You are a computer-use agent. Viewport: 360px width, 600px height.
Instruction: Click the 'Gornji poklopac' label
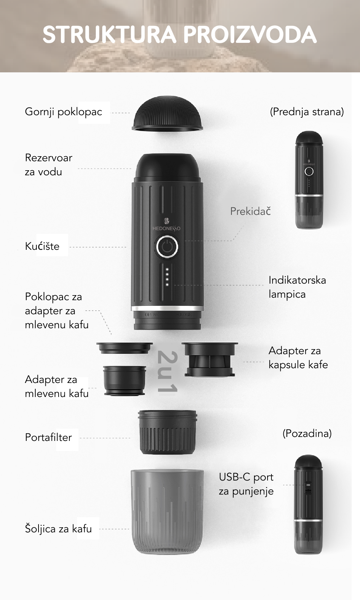[x=63, y=112]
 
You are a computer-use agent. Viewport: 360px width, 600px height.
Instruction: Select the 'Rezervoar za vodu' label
[x=49, y=165]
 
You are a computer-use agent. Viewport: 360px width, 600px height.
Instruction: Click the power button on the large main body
[x=167, y=247]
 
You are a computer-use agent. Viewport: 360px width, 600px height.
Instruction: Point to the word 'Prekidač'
[x=251, y=211]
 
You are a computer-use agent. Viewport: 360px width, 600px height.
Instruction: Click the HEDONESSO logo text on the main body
[x=166, y=229]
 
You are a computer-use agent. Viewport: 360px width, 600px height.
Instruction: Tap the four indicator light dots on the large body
[x=167, y=277]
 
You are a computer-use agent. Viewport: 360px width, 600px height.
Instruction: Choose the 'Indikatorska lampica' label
[x=297, y=287]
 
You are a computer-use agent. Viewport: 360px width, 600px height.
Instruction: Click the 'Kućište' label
[x=42, y=246]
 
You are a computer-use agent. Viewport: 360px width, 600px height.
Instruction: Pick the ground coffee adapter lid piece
[x=125, y=348]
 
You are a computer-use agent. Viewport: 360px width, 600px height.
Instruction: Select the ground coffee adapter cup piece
[x=125, y=381]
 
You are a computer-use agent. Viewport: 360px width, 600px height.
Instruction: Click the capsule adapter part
[x=210, y=360]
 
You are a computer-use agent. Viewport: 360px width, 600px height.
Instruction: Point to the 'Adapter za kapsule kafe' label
[x=298, y=358]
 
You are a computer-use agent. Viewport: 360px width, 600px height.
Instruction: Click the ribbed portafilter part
[x=167, y=432]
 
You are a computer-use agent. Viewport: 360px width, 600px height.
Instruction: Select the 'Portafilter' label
[x=49, y=437]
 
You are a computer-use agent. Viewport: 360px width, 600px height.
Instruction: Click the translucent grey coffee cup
[x=167, y=511]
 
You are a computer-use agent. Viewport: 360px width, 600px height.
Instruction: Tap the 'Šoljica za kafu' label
[x=58, y=528]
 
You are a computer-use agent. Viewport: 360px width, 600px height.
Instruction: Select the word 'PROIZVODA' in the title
[x=250, y=35]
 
